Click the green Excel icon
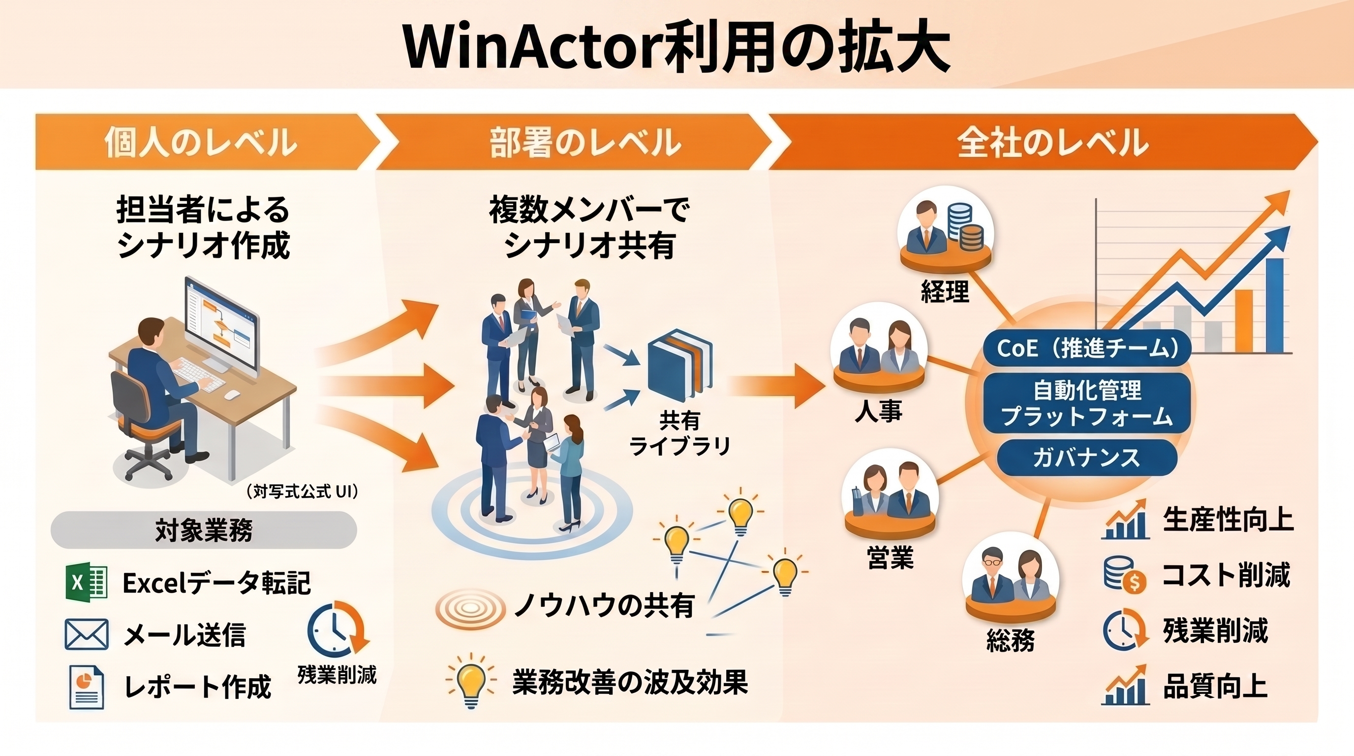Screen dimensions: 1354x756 (86, 582)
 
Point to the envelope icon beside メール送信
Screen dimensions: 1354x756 (87, 634)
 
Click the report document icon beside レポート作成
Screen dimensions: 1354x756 (87, 687)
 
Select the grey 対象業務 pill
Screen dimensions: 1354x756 (204, 530)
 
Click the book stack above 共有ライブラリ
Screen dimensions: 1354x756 (680, 365)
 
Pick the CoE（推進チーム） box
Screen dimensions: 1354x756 (1087, 348)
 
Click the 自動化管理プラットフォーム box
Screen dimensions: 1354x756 (1087, 403)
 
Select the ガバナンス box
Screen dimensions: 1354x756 (1087, 457)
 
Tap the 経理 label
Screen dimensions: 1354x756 (945, 291)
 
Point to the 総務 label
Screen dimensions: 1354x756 (1010, 640)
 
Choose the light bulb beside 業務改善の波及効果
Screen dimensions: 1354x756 (470, 681)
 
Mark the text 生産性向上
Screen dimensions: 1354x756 (1229, 519)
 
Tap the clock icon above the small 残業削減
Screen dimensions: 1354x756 (338, 630)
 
